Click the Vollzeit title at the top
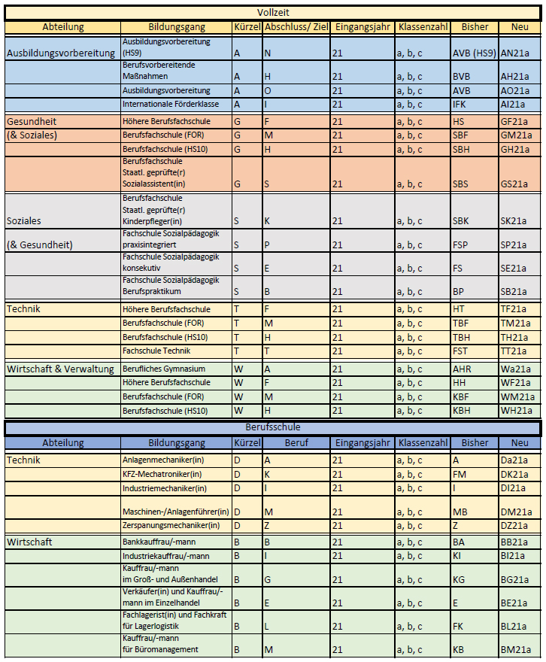tap(272, 13)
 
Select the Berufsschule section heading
tap(272, 427)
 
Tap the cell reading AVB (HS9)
tap(474, 53)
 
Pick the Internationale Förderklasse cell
tap(170, 104)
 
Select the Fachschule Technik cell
tap(156, 351)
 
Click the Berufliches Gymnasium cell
tap(163, 369)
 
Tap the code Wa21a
tap(516, 369)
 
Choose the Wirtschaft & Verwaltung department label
tap(60, 369)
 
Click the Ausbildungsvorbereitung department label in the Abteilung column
tap(60, 53)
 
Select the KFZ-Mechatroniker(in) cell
tap(162, 474)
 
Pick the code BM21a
tap(515, 649)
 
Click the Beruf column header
tap(296, 443)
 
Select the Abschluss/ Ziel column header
tap(296, 27)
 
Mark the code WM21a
tap(517, 396)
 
